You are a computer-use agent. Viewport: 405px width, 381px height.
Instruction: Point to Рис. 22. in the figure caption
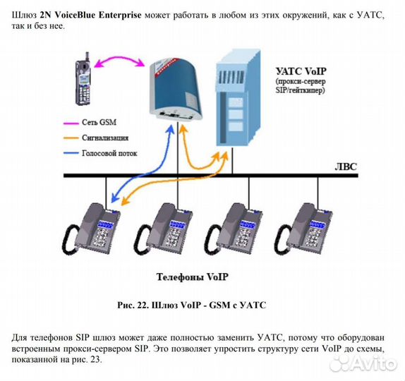click(131, 306)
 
